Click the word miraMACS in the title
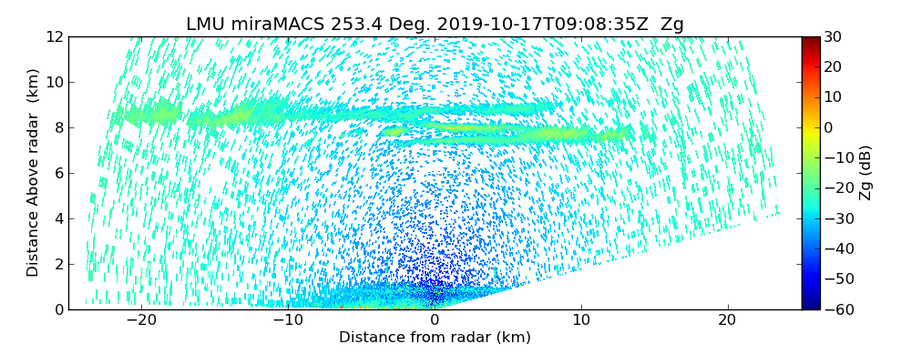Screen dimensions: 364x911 pyautogui.click(x=266, y=25)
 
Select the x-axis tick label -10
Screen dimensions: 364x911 pyautogui.click(x=287, y=321)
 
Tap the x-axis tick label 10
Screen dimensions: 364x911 pyautogui.click(x=581, y=321)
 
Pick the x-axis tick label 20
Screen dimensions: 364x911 pyautogui.click(x=727, y=321)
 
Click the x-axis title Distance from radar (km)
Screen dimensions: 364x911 pyautogui.click(x=435, y=338)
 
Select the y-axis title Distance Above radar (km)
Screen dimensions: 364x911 pyautogui.click(x=34, y=173)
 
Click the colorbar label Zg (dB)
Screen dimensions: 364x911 pyautogui.click(x=865, y=173)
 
